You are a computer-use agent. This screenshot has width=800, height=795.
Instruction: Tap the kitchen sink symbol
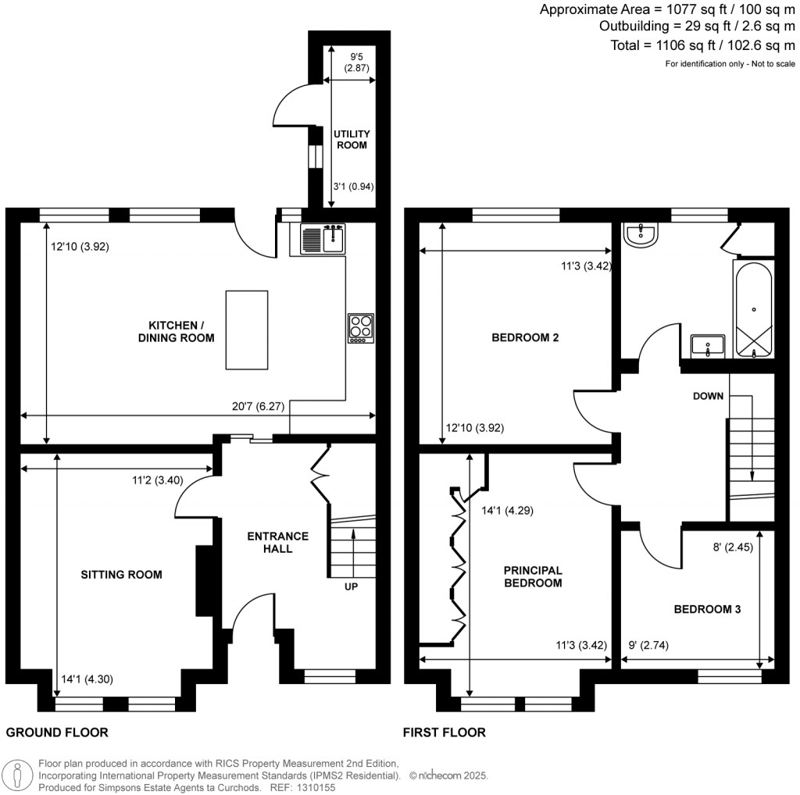[322, 237]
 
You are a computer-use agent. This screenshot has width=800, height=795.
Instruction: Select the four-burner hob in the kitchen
[361, 328]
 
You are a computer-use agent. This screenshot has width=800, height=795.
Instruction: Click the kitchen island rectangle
[248, 329]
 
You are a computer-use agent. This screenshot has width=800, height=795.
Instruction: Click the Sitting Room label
[121, 575]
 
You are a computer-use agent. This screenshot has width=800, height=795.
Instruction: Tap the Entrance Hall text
[277, 543]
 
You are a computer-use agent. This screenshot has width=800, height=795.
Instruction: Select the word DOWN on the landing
[708, 396]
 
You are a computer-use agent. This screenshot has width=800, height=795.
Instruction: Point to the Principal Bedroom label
[533, 576]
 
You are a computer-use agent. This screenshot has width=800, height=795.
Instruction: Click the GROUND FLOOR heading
[57, 733]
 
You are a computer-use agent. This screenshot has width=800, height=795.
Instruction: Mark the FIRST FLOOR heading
[444, 733]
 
